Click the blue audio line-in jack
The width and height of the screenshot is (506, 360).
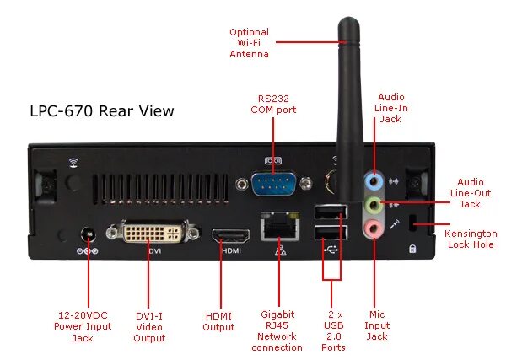click(x=372, y=180)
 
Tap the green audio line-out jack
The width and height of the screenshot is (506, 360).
click(x=372, y=204)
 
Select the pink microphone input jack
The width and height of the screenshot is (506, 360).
click(x=372, y=227)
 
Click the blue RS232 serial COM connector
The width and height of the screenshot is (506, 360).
click(x=272, y=184)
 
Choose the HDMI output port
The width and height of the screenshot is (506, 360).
click(x=231, y=236)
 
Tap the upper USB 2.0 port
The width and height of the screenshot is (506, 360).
click(x=329, y=212)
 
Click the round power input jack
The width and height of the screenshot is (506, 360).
click(x=87, y=234)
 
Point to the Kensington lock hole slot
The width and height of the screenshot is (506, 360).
click(x=413, y=224)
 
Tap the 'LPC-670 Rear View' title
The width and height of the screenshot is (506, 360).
click(x=102, y=110)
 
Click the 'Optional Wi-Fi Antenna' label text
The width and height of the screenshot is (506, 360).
click(x=249, y=43)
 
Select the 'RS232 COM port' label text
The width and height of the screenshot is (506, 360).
click(x=273, y=104)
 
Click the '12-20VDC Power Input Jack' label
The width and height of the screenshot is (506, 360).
click(x=83, y=326)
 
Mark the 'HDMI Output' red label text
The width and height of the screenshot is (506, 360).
click(x=218, y=321)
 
